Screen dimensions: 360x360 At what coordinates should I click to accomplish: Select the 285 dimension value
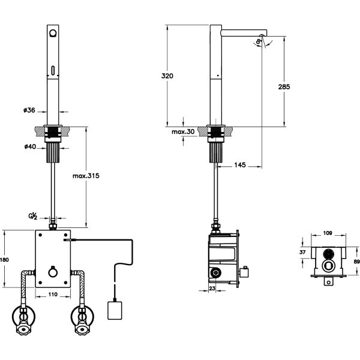[x=284, y=87]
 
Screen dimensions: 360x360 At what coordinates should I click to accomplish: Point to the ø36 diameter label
[x=29, y=110]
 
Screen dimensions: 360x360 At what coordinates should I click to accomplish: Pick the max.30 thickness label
[x=181, y=131]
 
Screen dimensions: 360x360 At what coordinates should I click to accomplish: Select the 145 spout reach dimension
[x=241, y=164]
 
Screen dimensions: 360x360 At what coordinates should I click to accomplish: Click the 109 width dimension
[x=328, y=233]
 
